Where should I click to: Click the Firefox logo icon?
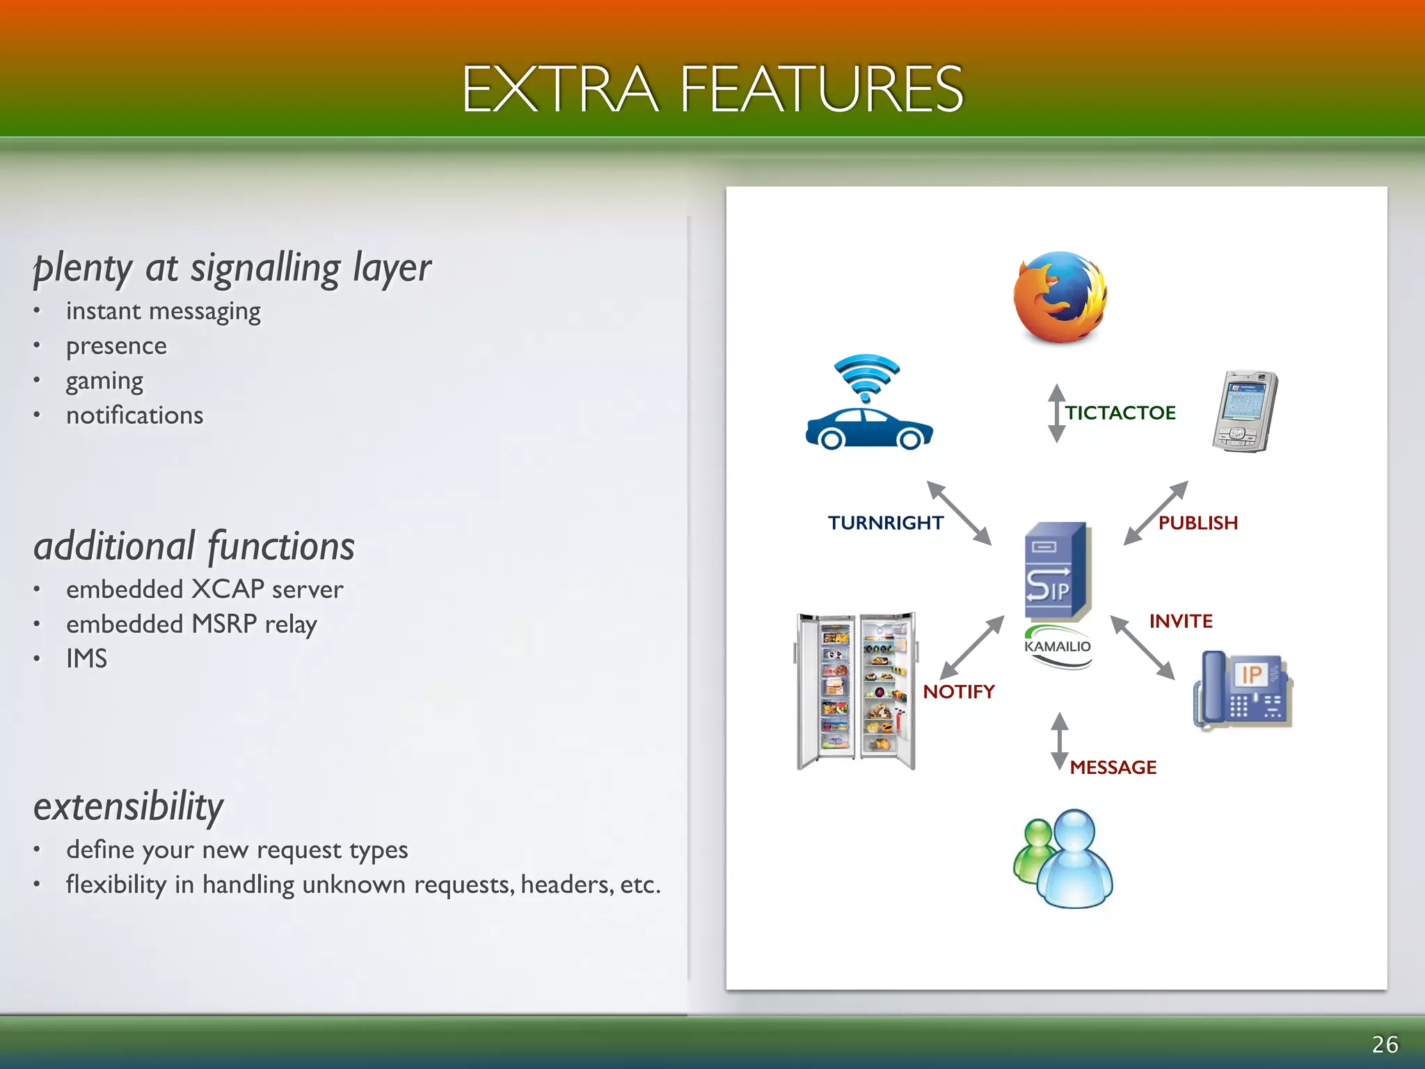pyautogui.click(x=1060, y=298)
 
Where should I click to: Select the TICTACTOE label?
pyautogui.click(x=1120, y=413)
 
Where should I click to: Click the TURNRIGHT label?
pyautogui.click(x=885, y=523)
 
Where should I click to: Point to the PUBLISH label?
pyautogui.click(x=1197, y=523)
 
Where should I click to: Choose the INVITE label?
pyautogui.click(x=1181, y=621)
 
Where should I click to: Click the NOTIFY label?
pyautogui.click(x=958, y=692)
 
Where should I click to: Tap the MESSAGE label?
pyautogui.click(x=1113, y=767)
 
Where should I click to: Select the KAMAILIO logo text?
pyautogui.click(x=1057, y=647)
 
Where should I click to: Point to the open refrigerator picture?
pyautogui.click(x=856, y=690)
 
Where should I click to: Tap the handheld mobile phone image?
pyautogui.click(x=1245, y=411)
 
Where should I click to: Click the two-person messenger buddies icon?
pyautogui.click(x=1062, y=859)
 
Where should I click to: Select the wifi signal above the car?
pyautogui.click(x=866, y=377)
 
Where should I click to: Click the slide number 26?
pyautogui.click(x=1384, y=1044)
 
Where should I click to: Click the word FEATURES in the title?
pyautogui.click(x=821, y=88)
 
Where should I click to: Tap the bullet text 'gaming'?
pyautogui.click(x=104, y=381)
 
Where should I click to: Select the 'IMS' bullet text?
pyautogui.click(x=87, y=658)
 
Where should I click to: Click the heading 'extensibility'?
pyautogui.click(x=129, y=807)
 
